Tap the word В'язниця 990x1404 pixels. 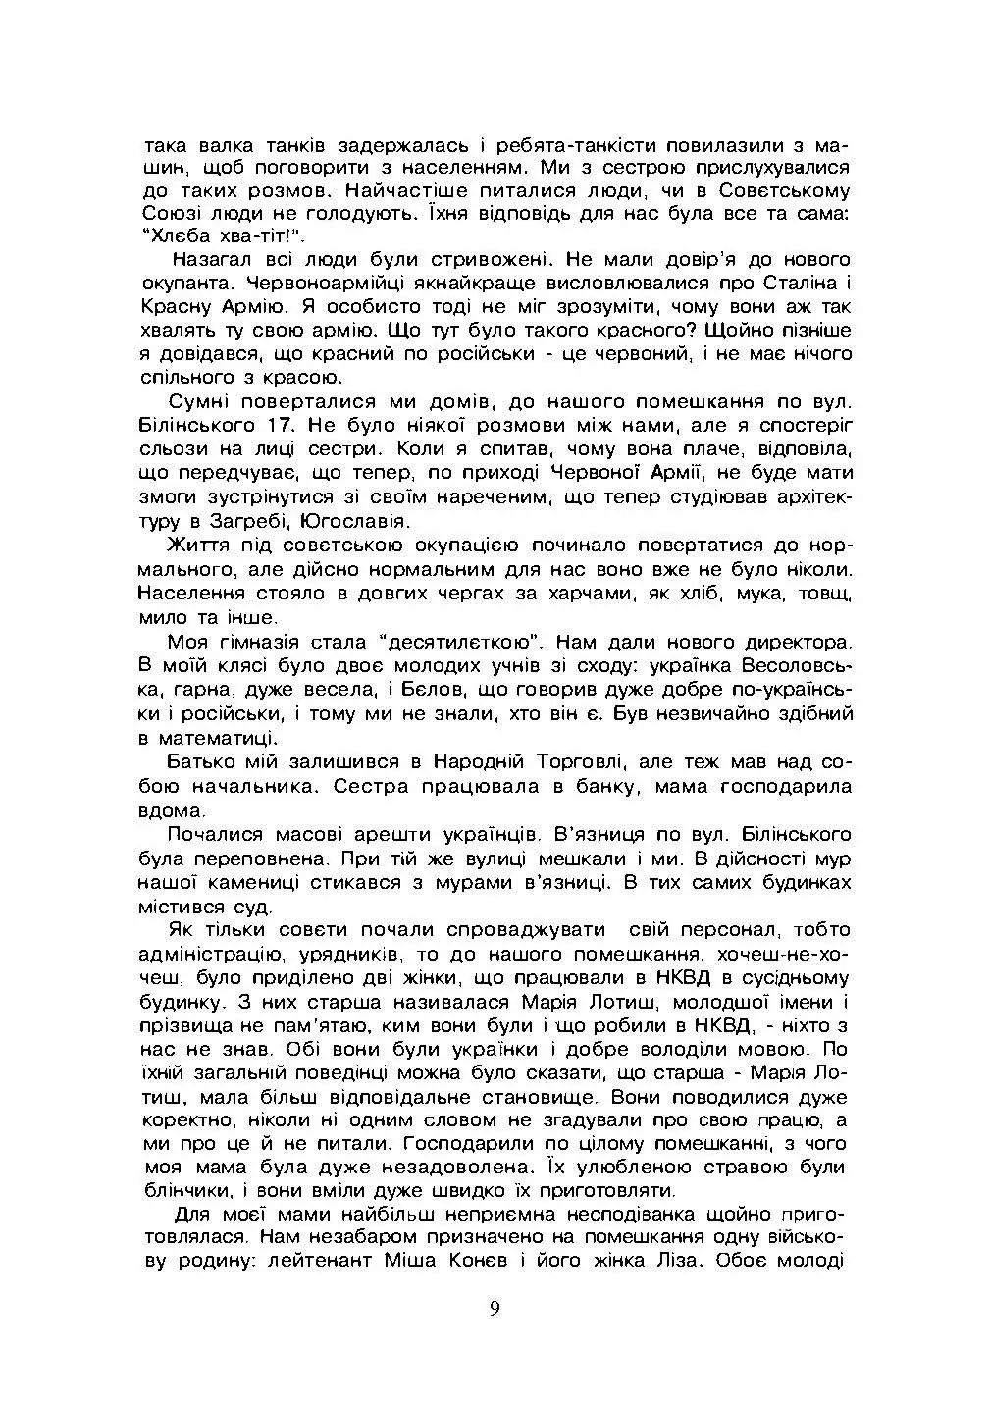click(600, 833)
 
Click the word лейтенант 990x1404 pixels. click(310, 1261)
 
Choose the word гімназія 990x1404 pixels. click(257, 643)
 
